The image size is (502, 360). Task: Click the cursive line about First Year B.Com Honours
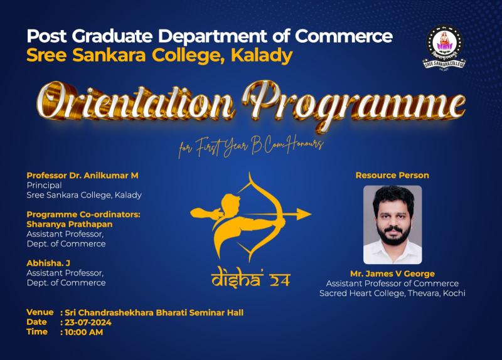251,146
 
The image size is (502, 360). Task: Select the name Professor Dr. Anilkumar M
82,176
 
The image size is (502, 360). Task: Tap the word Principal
44,186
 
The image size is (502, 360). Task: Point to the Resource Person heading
392,176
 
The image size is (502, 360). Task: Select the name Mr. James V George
392,274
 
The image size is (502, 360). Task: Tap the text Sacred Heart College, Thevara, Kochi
392,293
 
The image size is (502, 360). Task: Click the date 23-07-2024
88,322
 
